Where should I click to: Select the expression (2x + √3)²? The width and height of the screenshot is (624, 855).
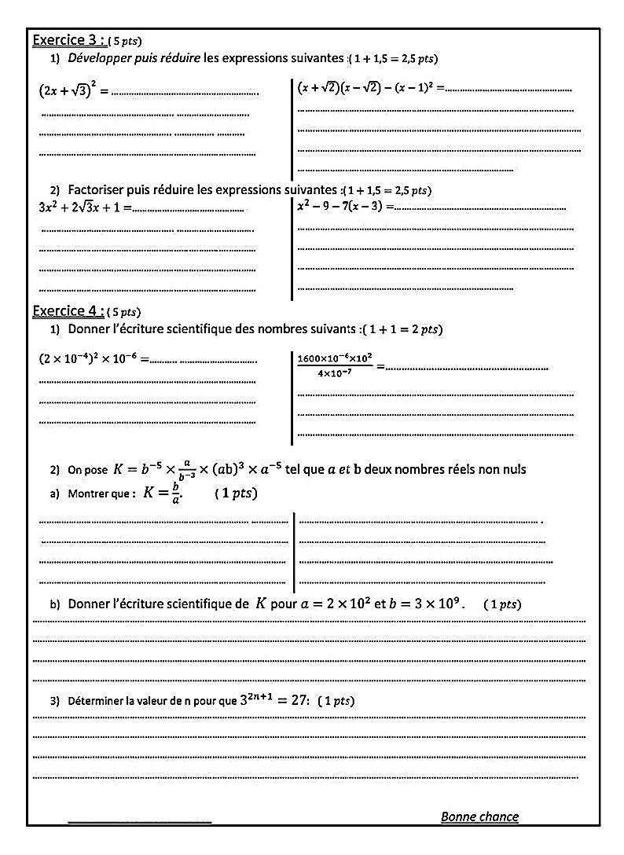click(68, 90)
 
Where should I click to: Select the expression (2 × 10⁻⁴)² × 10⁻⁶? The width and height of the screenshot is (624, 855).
click(88, 358)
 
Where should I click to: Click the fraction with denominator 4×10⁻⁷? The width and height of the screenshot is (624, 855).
click(334, 365)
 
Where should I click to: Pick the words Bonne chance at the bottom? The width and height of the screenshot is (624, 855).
click(479, 816)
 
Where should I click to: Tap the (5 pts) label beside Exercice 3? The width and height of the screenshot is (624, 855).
click(125, 41)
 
